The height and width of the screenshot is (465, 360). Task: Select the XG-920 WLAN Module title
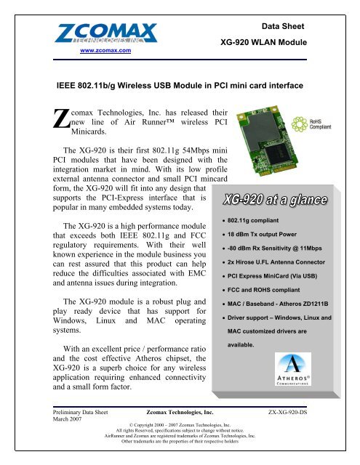click(x=265, y=43)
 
